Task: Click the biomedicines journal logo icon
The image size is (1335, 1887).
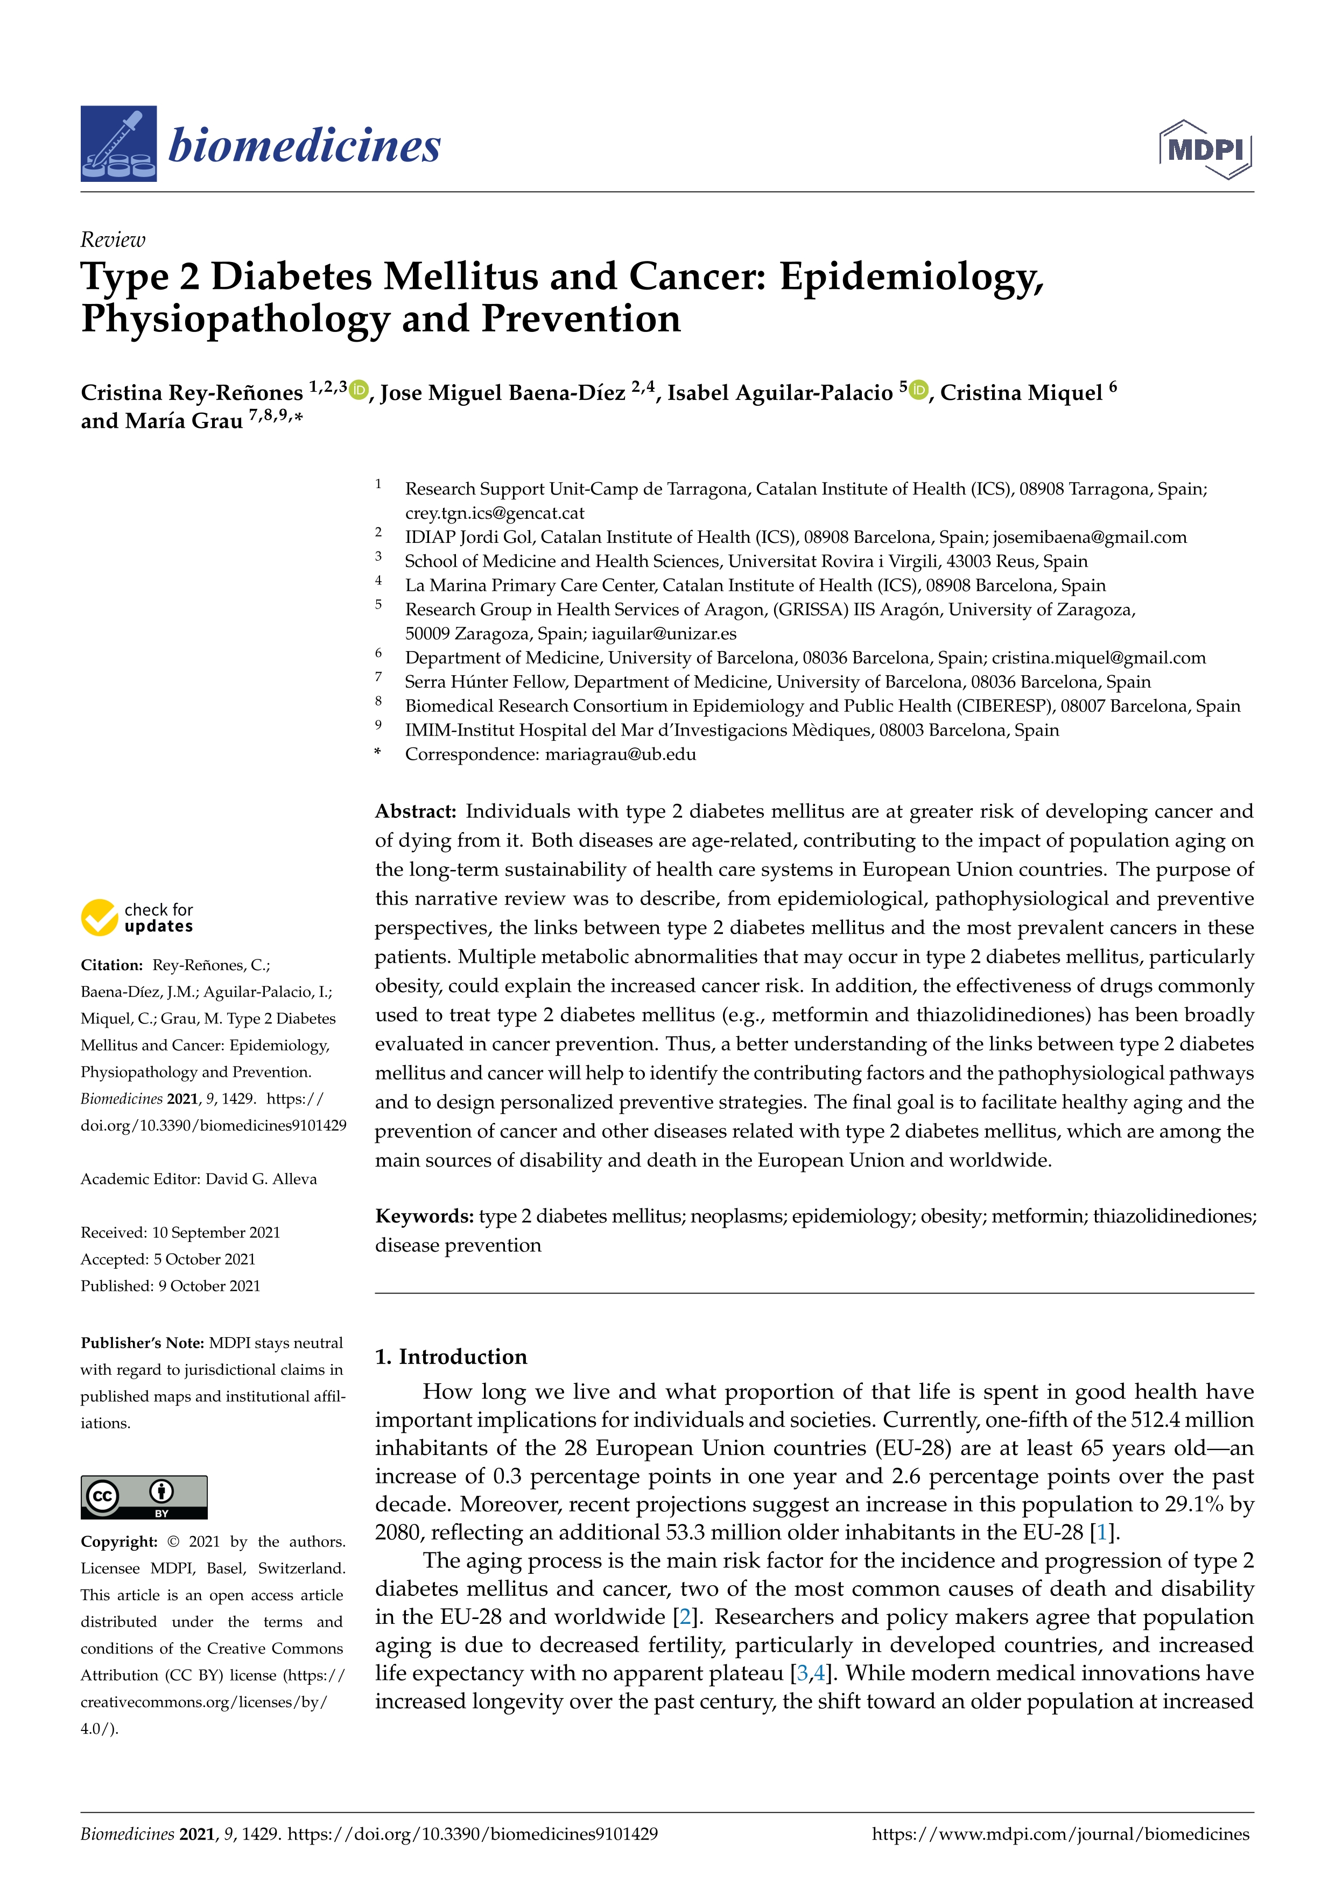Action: [118, 144]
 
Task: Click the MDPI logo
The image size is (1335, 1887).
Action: [1205, 150]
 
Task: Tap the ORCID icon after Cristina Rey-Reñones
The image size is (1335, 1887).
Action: [359, 391]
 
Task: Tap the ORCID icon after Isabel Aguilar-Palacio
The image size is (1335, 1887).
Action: [919, 391]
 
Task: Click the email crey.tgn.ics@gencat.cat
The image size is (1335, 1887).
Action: [494, 513]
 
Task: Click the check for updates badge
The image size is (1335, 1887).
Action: [137, 917]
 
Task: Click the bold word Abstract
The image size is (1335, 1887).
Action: [415, 811]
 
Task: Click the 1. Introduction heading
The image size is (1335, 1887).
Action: [451, 1357]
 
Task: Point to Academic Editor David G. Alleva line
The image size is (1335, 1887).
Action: [198, 1178]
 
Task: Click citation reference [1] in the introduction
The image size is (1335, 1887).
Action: [1101, 1532]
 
